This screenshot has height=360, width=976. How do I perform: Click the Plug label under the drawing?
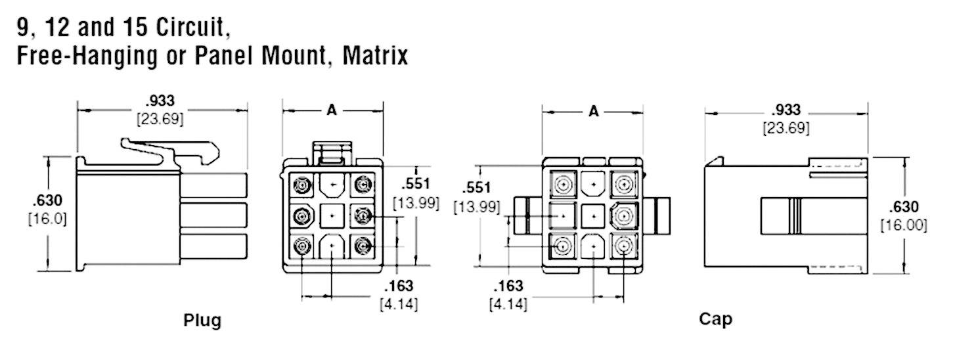(202, 321)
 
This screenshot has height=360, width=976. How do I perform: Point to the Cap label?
(715, 319)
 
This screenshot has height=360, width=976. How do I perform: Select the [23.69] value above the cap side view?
(786, 128)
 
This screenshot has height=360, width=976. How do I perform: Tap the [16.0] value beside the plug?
(47, 218)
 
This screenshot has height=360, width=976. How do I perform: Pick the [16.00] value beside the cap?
(904, 225)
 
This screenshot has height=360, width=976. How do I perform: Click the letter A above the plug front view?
(332, 110)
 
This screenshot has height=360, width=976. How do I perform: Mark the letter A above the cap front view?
(593, 111)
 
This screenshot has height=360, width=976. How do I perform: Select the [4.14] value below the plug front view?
(399, 304)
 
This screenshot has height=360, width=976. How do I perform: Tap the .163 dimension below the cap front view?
(508, 286)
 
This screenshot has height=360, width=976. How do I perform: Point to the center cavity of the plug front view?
(332, 215)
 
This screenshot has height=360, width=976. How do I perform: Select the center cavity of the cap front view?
(593, 215)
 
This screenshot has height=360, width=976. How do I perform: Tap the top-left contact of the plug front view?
(302, 186)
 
